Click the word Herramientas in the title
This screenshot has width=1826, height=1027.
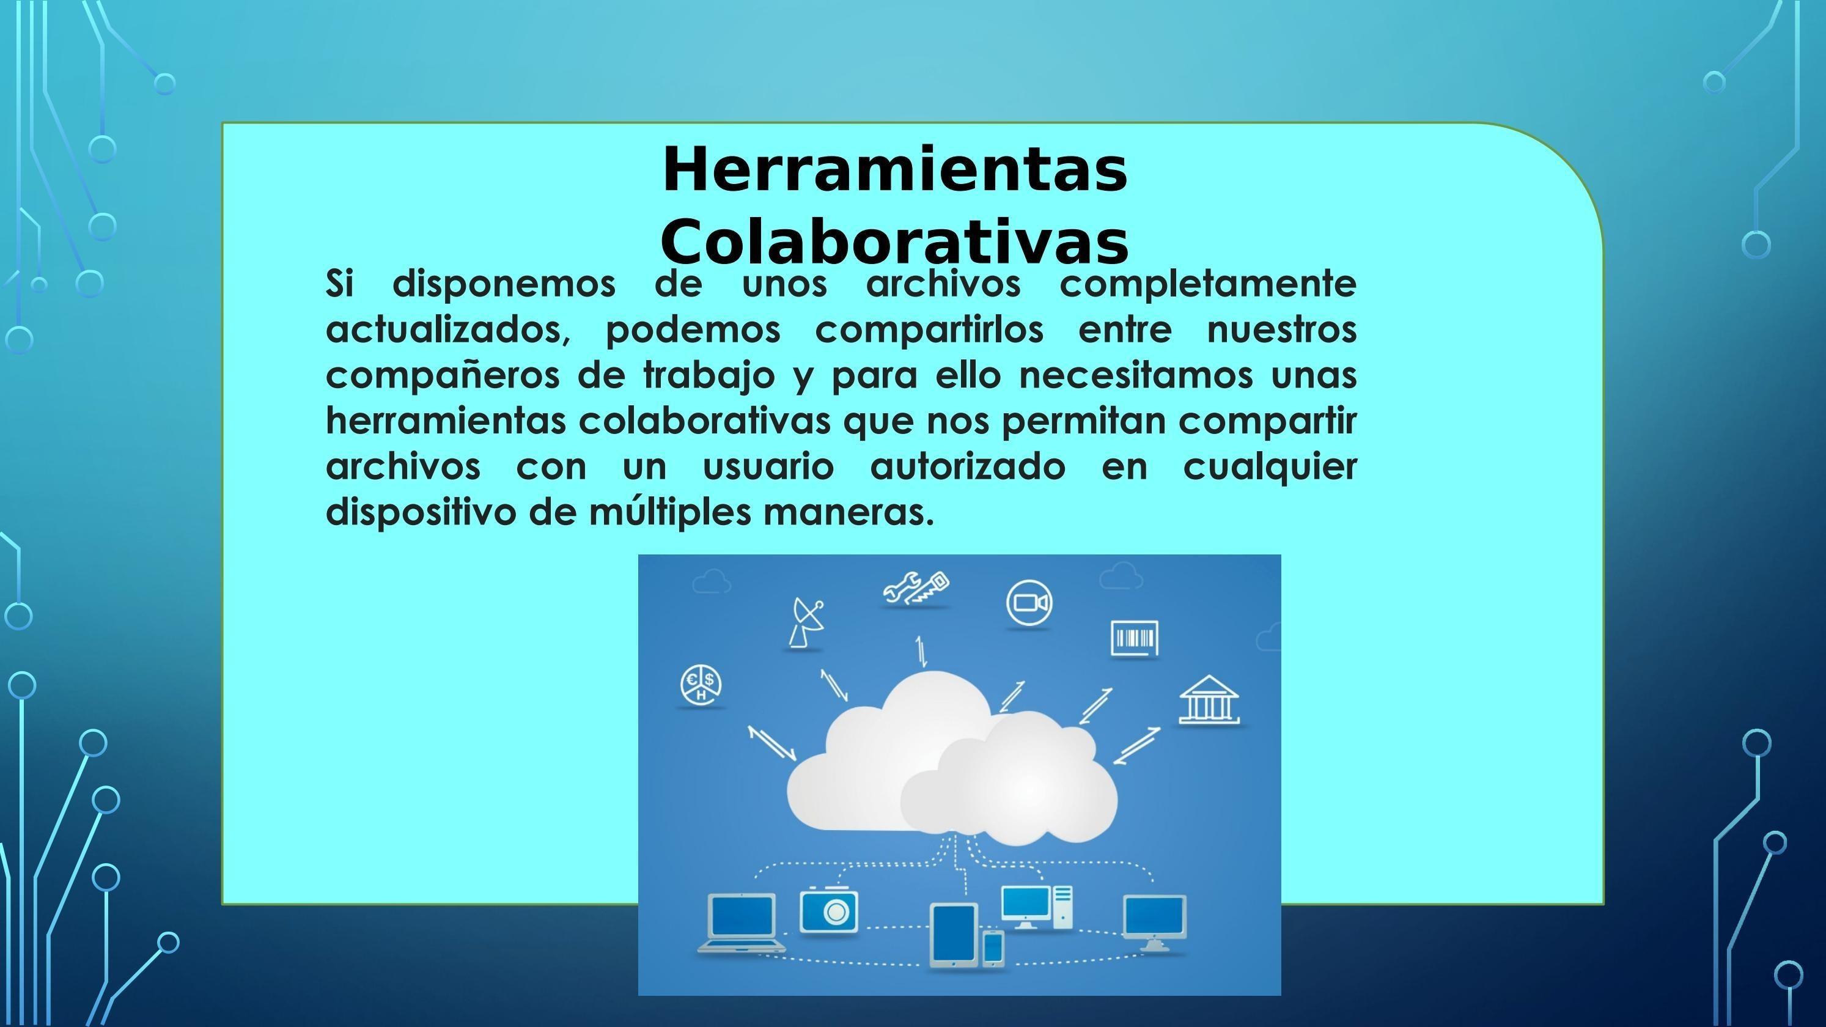tap(894, 170)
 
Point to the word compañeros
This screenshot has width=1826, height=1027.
tap(443, 375)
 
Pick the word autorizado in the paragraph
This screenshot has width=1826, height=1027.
tap(968, 466)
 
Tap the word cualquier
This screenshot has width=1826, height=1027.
tap(1270, 467)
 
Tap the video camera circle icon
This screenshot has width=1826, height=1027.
tap(1029, 603)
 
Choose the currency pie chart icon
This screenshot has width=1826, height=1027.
tap(701, 685)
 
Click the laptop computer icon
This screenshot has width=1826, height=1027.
tap(742, 923)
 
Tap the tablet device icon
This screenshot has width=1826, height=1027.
tap(954, 935)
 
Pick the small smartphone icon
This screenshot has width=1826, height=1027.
tap(993, 948)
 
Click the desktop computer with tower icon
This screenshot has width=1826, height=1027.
tap(1036, 907)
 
